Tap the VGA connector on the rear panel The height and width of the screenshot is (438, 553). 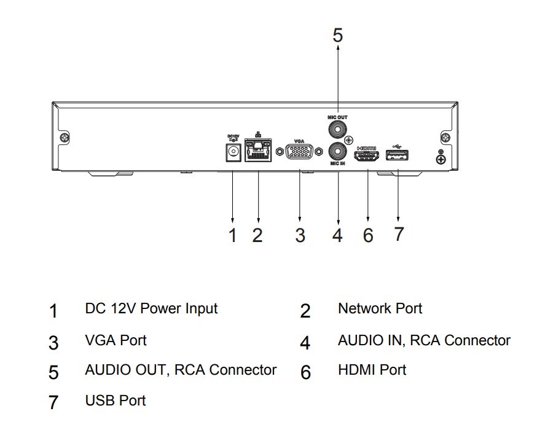(299, 152)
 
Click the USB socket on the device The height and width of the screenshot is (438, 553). (398, 156)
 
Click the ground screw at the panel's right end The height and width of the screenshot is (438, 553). (441, 160)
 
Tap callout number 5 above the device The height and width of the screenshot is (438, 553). (338, 35)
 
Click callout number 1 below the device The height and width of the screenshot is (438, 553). (232, 235)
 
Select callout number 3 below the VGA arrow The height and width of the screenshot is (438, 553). (300, 235)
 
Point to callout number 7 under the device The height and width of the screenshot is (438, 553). (399, 233)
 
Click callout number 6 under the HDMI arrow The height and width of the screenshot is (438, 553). (368, 235)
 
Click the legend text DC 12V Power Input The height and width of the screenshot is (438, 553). (151, 308)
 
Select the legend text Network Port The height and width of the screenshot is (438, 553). (380, 308)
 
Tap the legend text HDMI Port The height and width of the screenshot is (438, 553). (372, 370)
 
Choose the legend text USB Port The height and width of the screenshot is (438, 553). (116, 401)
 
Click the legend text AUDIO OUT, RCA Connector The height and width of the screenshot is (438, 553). (181, 370)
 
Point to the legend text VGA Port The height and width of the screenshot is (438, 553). (116, 339)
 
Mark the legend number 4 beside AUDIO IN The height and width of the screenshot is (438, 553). (305, 342)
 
